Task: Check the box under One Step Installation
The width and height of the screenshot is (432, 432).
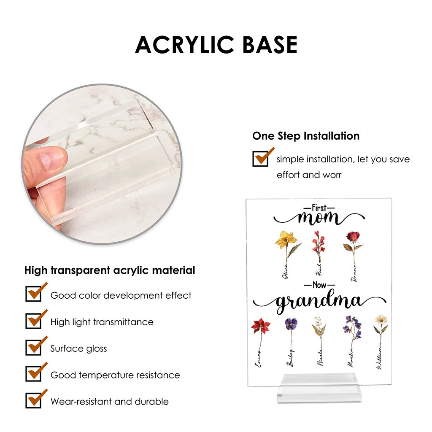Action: (x=260, y=159)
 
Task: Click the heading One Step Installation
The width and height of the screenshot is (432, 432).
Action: (x=306, y=136)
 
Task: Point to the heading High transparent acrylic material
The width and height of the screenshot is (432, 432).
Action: (x=110, y=270)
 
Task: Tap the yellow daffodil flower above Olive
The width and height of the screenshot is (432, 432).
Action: (x=286, y=240)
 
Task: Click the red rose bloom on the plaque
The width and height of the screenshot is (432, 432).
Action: (x=353, y=236)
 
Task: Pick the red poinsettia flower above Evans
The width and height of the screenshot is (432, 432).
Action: (x=260, y=326)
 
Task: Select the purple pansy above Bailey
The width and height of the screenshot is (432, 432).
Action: (x=291, y=324)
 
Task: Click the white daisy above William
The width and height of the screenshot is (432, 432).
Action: (x=381, y=319)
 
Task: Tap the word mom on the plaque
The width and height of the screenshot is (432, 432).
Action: (x=319, y=218)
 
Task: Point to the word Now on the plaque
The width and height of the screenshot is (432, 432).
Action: (x=319, y=285)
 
